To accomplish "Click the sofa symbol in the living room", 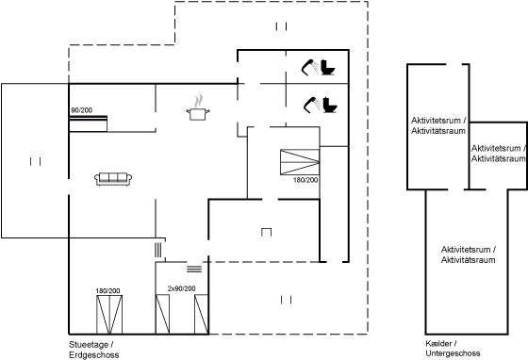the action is click(x=113, y=179).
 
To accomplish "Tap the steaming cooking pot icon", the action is click(x=198, y=107).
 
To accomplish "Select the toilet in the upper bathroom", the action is click(x=327, y=67).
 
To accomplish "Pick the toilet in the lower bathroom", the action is click(x=330, y=105).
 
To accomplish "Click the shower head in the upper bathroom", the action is click(x=309, y=67).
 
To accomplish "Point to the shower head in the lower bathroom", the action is click(x=311, y=105).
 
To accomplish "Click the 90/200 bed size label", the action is click(x=81, y=110).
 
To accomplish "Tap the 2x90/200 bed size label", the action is click(x=181, y=288).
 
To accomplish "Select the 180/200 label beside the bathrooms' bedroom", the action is click(x=305, y=180).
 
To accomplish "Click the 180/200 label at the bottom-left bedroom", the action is click(x=107, y=290).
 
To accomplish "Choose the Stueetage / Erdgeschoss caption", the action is click(x=94, y=350).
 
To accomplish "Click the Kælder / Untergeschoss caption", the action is click(x=453, y=349).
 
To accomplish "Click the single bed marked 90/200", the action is click(x=89, y=123).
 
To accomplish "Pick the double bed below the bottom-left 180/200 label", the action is click(x=109, y=315).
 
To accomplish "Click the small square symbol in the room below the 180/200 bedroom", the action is click(x=266, y=232).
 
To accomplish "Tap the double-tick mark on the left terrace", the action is click(x=36, y=161).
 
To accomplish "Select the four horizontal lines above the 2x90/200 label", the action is click(x=194, y=269).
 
